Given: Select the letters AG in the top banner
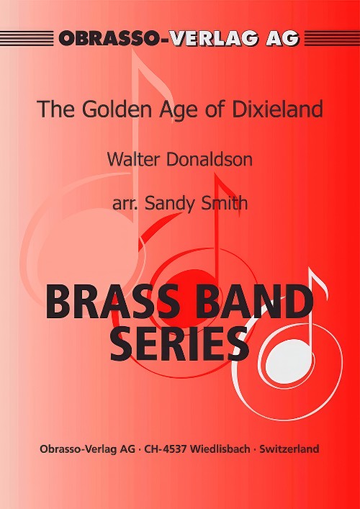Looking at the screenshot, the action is coord(282,38).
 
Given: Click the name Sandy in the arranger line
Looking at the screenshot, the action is coord(170,204).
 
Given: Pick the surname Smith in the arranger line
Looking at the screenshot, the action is coord(224,203).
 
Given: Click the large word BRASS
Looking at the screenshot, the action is coord(112,302).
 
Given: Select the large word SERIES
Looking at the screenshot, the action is coord(179,343).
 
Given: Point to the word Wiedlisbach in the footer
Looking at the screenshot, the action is coord(220,449).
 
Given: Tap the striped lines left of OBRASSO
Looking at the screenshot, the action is coord(27,38).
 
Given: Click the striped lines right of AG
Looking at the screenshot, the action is coord(332,38).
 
